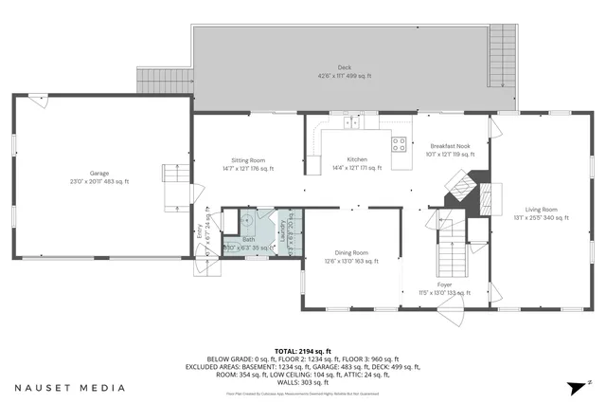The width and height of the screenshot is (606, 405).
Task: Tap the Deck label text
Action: coord(344,71)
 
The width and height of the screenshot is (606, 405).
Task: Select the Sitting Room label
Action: coord(248,164)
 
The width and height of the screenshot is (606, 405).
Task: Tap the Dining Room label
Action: coord(347,255)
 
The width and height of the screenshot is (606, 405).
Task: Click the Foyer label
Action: coord(444,287)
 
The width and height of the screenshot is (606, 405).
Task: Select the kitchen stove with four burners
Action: coord(400,144)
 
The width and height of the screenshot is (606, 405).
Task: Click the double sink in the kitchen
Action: coord(351,121)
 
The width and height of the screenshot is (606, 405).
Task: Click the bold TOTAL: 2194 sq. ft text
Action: coord(302,350)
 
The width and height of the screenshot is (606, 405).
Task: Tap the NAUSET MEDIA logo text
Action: coord(69,387)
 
